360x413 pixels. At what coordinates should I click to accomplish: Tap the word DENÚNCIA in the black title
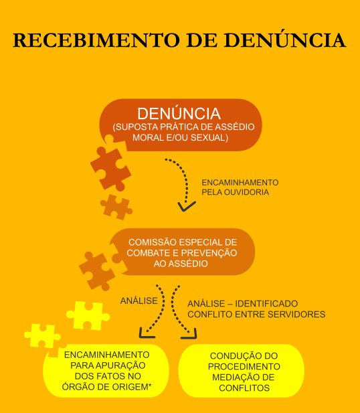tap(284, 39)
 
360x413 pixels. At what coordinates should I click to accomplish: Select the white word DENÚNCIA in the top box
tap(179, 113)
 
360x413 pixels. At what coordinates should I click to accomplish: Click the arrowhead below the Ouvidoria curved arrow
tap(187, 206)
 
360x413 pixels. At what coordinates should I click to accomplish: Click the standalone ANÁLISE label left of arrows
tap(139, 301)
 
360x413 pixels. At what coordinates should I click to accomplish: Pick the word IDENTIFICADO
tap(266, 303)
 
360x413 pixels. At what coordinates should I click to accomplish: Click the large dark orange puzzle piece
tap(110, 168)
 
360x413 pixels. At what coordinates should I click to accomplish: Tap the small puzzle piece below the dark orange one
tap(116, 208)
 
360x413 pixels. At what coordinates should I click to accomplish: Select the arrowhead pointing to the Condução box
tap(191, 334)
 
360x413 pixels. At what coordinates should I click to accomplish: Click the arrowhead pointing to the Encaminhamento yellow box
tap(145, 333)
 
